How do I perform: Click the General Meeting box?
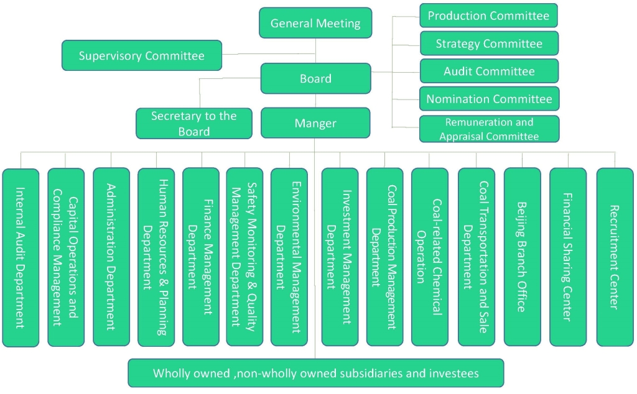[315, 23]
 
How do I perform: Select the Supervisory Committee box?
[141, 56]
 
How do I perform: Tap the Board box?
[315, 78]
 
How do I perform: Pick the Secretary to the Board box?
[194, 123]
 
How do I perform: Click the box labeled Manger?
[315, 123]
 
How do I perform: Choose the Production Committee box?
[488, 16]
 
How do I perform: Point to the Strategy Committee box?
[488, 44]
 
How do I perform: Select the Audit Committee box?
[488, 71]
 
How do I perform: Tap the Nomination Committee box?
[488, 99]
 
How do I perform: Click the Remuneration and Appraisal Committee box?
[488, 129]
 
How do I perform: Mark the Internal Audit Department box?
[21, 257]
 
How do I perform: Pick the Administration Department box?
[111, 257]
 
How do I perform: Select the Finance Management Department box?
[201, 257]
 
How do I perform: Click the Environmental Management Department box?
[289, 257]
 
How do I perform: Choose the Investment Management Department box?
[340, 257]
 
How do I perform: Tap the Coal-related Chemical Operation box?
[429, 257]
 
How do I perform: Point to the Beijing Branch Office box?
[522, 257]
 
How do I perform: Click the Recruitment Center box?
[615, 257]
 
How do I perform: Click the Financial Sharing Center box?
[567, 257]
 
